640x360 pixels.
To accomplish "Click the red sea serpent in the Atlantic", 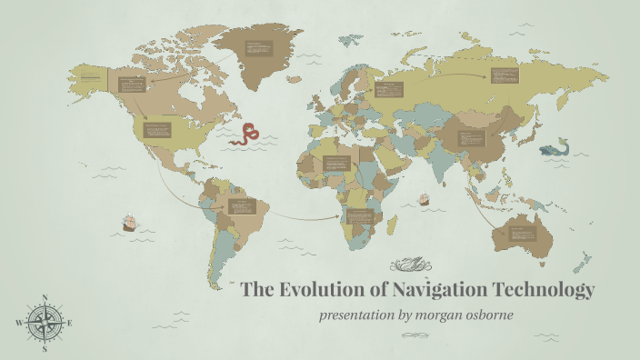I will coord(245,135).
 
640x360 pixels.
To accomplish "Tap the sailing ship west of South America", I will coord(129,222).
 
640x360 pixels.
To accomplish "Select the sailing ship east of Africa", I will coord(423,199).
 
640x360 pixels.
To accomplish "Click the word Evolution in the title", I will coord(327,291).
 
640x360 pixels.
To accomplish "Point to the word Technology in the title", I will coord(544,291).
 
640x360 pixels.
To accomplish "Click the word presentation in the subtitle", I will coord(357,315).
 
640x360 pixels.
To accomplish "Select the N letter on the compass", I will coord(45,298).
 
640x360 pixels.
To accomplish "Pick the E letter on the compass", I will coord(70,323).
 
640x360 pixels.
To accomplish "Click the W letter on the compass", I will coord(18,323).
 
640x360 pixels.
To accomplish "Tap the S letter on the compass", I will coord(45,348).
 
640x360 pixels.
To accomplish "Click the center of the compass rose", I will coord(45,323).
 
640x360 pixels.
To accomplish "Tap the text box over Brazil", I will coord(243,206).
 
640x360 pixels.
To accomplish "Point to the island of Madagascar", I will coord(392,223).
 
